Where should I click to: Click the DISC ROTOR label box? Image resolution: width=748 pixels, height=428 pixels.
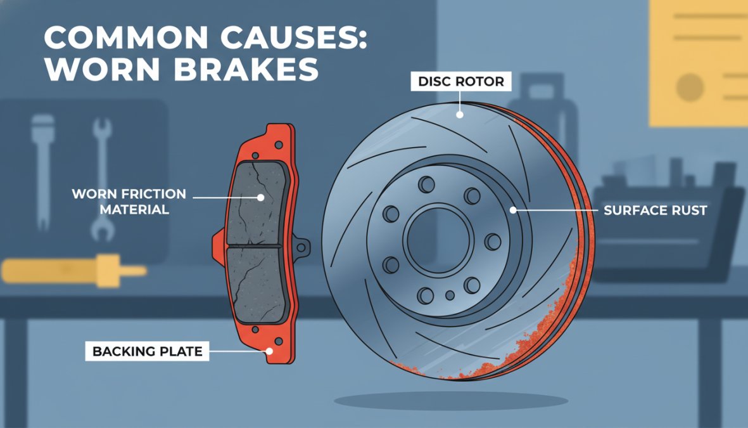coord(461,81)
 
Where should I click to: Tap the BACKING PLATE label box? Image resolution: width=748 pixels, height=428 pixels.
coord(147,351)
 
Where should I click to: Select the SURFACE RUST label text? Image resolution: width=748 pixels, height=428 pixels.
coord(655,210)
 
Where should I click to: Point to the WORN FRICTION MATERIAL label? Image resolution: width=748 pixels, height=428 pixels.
coord(129,202)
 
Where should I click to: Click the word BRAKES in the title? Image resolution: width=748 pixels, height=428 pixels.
coord(246,70)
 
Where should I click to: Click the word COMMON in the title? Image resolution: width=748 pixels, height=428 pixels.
coord(126,37)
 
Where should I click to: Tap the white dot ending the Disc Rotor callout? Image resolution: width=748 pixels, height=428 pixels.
coord(460,115)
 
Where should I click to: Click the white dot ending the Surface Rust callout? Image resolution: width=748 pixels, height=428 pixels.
coord(513,210)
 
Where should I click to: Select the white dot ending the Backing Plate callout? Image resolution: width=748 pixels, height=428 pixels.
coord(269,351)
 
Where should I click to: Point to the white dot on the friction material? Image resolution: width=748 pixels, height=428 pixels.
coord(260,197)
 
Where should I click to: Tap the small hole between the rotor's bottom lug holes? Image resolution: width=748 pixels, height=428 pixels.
coord(450,295)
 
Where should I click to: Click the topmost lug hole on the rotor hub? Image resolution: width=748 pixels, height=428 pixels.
coord(426,185)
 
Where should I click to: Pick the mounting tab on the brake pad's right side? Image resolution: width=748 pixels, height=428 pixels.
coord(301,247)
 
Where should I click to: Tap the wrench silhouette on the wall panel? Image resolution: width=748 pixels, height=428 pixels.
coord(101,179)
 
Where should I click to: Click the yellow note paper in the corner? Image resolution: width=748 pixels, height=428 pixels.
coord(699,63)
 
